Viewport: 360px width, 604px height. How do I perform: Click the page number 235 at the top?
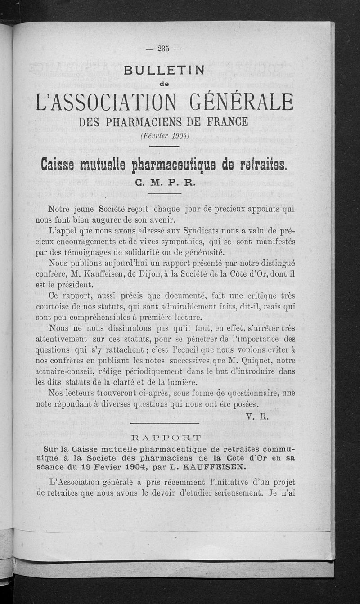pos(163,49)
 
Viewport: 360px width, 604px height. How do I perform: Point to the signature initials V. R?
pos(258,416)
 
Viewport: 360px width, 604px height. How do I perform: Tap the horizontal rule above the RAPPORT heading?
pos(164,423)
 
